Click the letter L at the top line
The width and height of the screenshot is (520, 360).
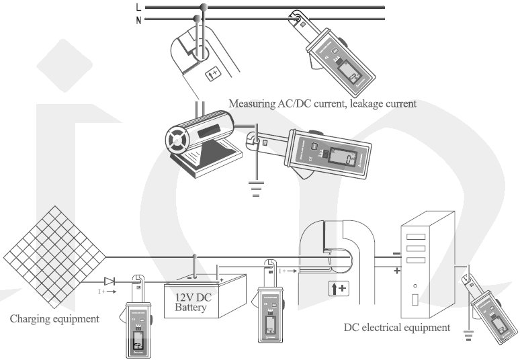(138, 7)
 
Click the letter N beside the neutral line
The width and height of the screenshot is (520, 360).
(138, 19)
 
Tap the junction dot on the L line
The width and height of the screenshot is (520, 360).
(204, 7)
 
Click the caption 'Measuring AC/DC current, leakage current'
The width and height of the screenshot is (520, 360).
(322, 104)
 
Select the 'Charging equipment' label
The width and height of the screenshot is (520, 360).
(54, 319)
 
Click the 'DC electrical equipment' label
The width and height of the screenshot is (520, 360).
(397, 328)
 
